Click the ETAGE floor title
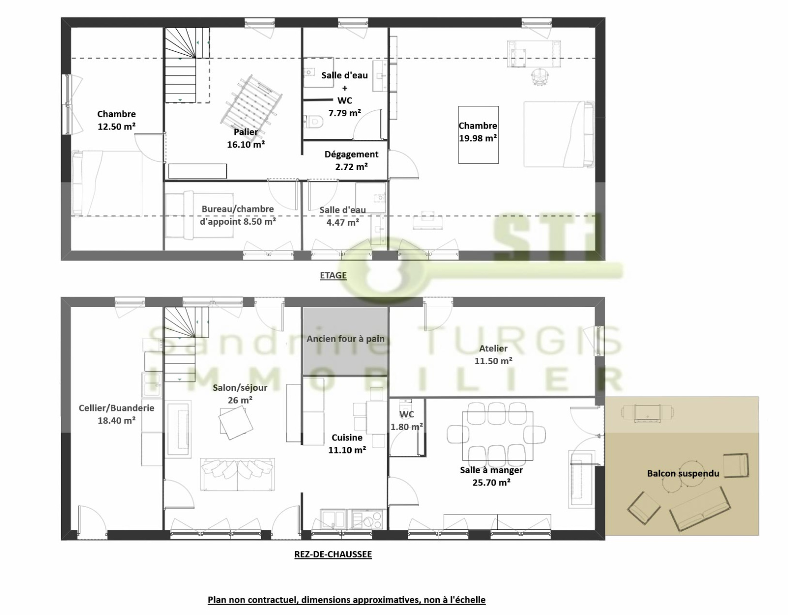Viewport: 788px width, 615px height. coord(333,275)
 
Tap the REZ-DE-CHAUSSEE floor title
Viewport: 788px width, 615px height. coord(333,554)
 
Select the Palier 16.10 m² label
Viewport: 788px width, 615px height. coord(246,138)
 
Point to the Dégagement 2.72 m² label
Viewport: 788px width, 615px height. coord(351,160)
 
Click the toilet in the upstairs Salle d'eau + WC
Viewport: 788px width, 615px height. coord(313,122)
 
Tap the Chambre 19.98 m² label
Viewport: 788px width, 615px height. coord(478,132)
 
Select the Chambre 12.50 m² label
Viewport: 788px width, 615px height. coord(116,120)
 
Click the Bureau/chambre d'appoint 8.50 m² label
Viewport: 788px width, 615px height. coord(238,215)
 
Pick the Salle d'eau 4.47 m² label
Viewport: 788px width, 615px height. coord(343,216)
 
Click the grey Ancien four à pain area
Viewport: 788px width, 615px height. coord(346,341)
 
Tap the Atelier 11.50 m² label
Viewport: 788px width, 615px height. coord(493,354)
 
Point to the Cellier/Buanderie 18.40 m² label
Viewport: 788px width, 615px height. coord(116,414)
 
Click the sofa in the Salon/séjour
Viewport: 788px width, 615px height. coord(237,475)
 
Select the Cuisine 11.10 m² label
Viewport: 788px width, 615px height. coord(347,444)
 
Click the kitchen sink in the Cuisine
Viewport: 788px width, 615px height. coord(333,519)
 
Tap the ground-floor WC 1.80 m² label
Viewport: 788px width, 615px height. coord(406,420)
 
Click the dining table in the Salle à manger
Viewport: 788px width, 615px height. coord(497,436)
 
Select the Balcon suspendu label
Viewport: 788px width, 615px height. coord(683,473)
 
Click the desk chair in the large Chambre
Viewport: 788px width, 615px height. coord(540,77)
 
